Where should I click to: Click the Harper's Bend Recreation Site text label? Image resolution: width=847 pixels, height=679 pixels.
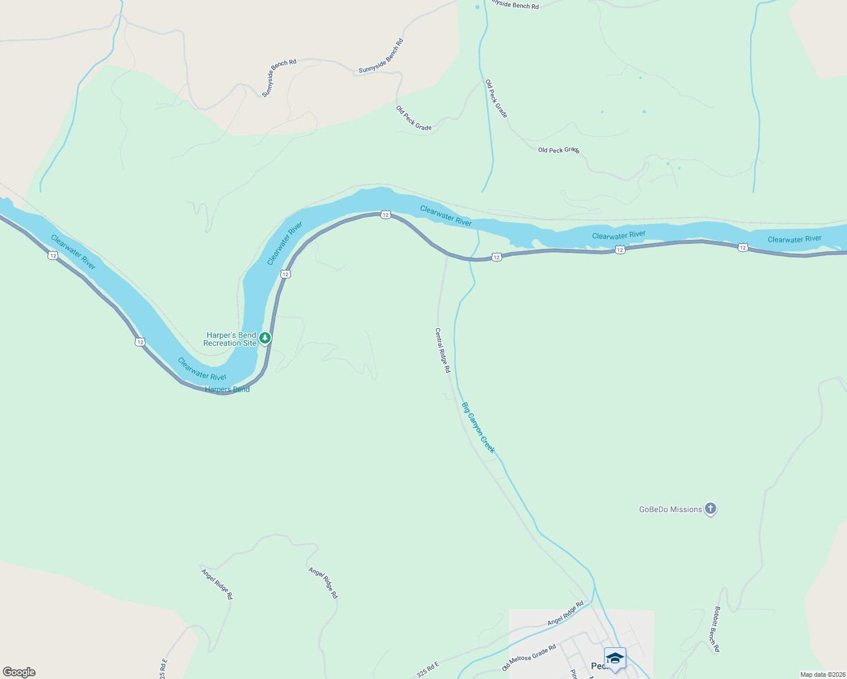230,339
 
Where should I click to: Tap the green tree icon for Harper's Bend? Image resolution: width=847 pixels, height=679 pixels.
265,338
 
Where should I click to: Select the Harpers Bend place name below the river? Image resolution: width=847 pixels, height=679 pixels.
227,389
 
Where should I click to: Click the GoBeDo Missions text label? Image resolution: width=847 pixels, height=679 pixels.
670,509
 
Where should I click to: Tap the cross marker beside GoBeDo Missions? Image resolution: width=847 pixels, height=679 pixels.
711,509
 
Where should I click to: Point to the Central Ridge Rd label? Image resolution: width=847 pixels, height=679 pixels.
442,350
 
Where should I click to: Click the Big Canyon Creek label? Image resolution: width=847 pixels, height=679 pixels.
478,427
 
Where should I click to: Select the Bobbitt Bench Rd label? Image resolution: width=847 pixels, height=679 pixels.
717,629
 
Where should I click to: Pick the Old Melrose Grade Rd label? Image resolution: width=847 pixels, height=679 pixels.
529,657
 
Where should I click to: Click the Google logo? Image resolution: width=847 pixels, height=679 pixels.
19,672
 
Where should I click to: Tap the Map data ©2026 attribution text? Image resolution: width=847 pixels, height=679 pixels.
822,674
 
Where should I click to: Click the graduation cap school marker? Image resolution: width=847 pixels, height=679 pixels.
615,659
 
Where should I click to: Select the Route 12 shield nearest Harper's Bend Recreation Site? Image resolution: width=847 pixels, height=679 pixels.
285,274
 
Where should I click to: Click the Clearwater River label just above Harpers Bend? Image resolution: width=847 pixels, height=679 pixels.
202,369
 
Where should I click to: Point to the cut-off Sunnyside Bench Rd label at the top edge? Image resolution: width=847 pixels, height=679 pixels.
514,5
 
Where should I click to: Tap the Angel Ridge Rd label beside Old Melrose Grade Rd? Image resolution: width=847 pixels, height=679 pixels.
565,614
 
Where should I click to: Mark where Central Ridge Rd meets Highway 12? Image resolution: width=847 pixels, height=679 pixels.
448,254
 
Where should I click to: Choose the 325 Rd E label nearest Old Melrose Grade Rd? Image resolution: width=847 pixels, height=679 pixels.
427,669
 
